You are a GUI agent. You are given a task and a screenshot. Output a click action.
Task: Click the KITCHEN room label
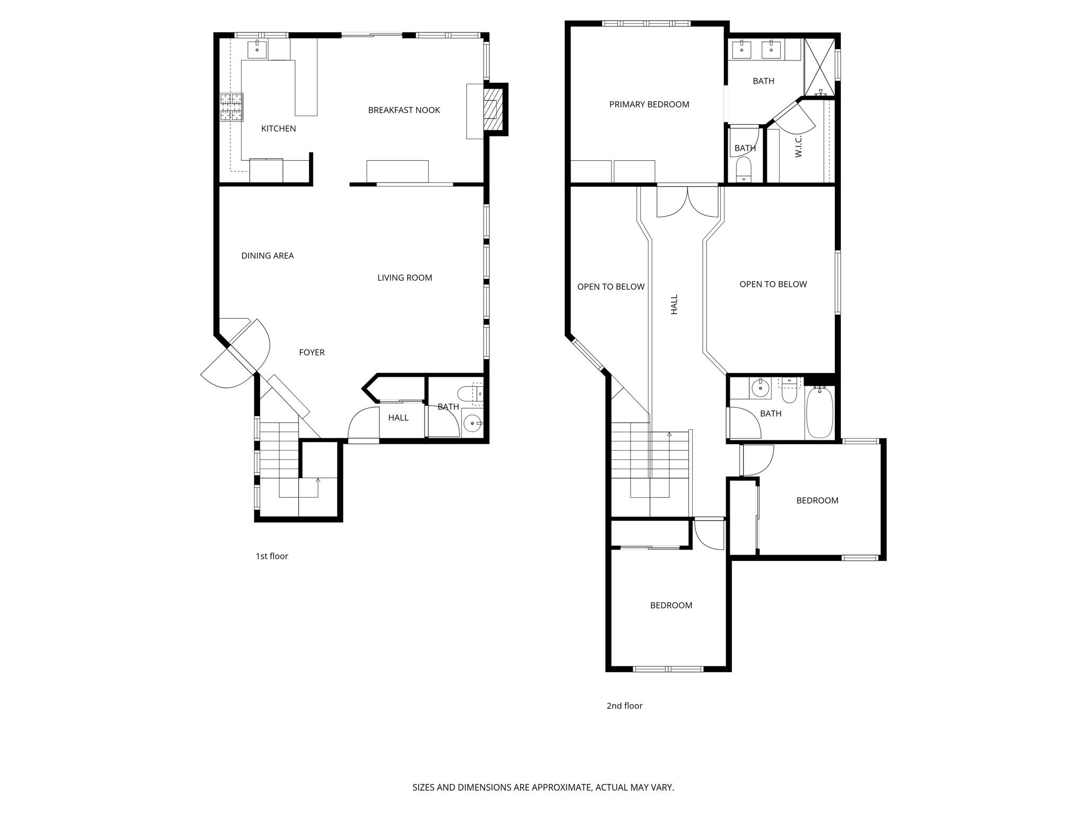point(278,128)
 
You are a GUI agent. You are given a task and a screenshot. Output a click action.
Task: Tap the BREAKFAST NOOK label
point(404,110)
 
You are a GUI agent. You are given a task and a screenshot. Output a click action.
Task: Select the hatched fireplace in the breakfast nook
point(491,109)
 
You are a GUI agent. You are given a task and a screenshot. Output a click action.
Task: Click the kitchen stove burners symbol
point(232,107)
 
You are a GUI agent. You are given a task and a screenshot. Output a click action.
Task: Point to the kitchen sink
point(258,49)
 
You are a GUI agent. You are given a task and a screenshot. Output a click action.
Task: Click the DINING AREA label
point(268,256)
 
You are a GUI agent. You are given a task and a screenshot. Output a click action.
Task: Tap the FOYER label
point(312,352)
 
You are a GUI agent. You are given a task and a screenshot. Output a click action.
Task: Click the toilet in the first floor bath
point(467,394)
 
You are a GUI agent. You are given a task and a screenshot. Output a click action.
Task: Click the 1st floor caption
point(272,556)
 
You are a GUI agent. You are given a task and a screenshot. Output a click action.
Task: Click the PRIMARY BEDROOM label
point(649,105)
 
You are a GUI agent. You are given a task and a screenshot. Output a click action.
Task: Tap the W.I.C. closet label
point(798,146)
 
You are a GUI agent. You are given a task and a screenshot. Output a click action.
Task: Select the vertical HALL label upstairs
point(674,305)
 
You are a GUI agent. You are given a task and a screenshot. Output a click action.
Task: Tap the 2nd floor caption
point(624,706)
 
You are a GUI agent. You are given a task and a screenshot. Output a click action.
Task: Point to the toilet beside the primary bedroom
point(744,168)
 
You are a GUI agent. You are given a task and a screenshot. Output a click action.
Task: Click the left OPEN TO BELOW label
point(611,287)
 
